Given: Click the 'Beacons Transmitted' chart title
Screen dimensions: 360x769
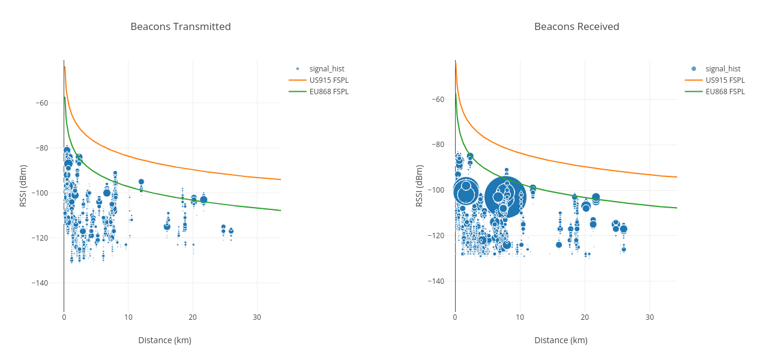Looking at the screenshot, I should [181, 26].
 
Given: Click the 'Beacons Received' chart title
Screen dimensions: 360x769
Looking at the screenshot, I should [576, 26].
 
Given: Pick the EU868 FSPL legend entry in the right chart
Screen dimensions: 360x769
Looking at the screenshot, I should [725, 92].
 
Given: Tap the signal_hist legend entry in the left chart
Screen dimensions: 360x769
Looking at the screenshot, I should [327, 69].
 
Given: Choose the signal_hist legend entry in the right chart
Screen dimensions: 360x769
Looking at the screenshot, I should [723, 69].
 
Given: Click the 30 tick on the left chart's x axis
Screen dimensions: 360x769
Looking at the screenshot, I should [257, 317].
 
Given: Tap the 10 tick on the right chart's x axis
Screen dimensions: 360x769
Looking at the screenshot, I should [520, 317].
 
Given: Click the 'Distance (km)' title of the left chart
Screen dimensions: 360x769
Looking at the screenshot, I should [164, 340].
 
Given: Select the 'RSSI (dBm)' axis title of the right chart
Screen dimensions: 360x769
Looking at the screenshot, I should [419, 186].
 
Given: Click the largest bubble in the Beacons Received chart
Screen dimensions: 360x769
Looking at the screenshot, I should [505, 197].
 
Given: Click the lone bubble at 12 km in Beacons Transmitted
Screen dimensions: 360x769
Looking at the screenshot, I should [141, 182].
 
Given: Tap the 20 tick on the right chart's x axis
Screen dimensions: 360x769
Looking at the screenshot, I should [585, 317].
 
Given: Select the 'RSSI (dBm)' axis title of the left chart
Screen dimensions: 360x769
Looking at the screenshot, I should [23, 186].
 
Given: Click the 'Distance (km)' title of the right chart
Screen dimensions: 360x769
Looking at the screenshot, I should [561, 340].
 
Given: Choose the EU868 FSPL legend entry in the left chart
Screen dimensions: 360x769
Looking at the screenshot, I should [329, 92].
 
